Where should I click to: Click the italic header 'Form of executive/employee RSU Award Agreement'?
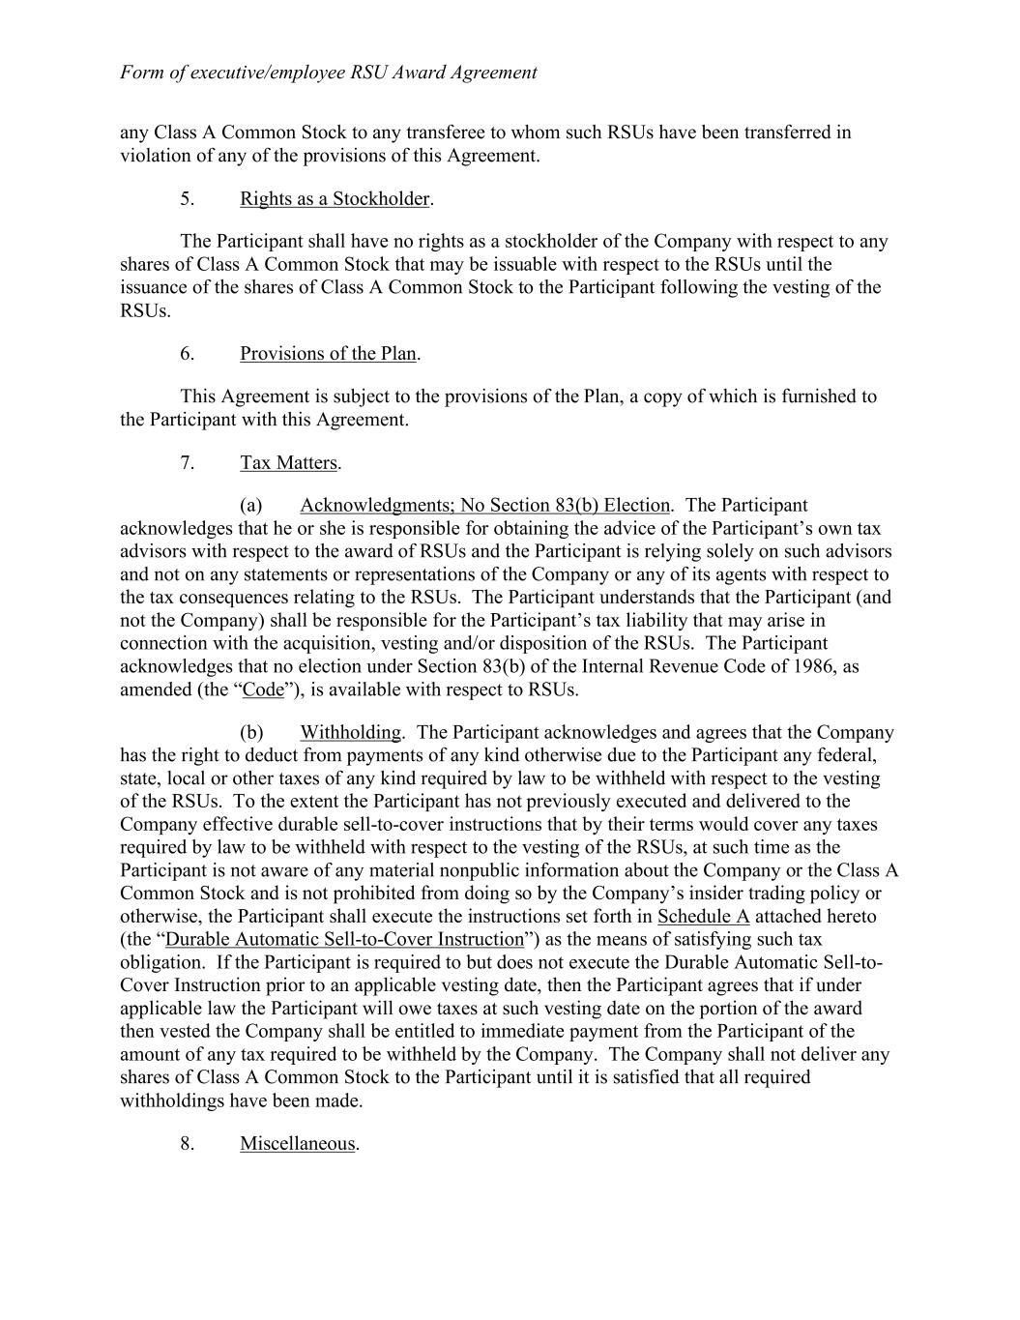tap(328, 73)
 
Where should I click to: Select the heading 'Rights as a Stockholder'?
tap(335, 199)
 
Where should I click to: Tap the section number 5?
tap(187, 199)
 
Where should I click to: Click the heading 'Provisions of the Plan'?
tap(328, 354)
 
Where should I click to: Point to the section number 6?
tap(187, 354)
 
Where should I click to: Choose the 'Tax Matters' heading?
tap(288, 463)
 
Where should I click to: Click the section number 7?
tap(187, 463)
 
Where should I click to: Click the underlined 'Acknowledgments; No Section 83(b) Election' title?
tap(484, 506)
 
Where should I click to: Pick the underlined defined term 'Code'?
tap(263, 690)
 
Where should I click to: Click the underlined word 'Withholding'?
tap(350, 733)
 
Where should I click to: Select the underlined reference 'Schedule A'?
tap(703, 917)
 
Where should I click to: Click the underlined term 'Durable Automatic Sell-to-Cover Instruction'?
tap(345, 940)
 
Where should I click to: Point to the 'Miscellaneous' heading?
tap(298, 1144)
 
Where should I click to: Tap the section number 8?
tap(187, 1144)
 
